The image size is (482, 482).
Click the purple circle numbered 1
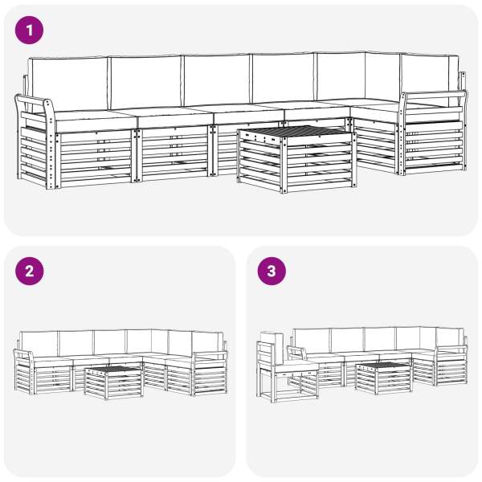tap(29, 31)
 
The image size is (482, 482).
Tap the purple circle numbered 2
tap(29, 272)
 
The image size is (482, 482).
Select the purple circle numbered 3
tap(272, 272)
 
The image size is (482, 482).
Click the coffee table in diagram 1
tap(297, 158)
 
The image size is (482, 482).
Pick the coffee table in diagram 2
tap(113, 382)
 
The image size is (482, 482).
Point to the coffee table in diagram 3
tap(384, 378)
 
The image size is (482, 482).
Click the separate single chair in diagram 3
tap(287, 368)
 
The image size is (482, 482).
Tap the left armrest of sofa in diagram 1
tap(35, 141)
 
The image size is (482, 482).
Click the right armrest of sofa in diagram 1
tap(433, 133)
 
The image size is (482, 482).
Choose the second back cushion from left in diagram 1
tap(145, 82)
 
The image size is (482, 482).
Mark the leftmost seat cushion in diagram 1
tap(95, 120)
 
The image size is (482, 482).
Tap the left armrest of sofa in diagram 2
tap(24, 372)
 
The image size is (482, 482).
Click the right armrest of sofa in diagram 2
tap(209, 373)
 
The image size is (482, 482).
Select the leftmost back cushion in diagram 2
tap(39, 344)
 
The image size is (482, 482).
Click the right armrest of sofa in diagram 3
tap(451, 365)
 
